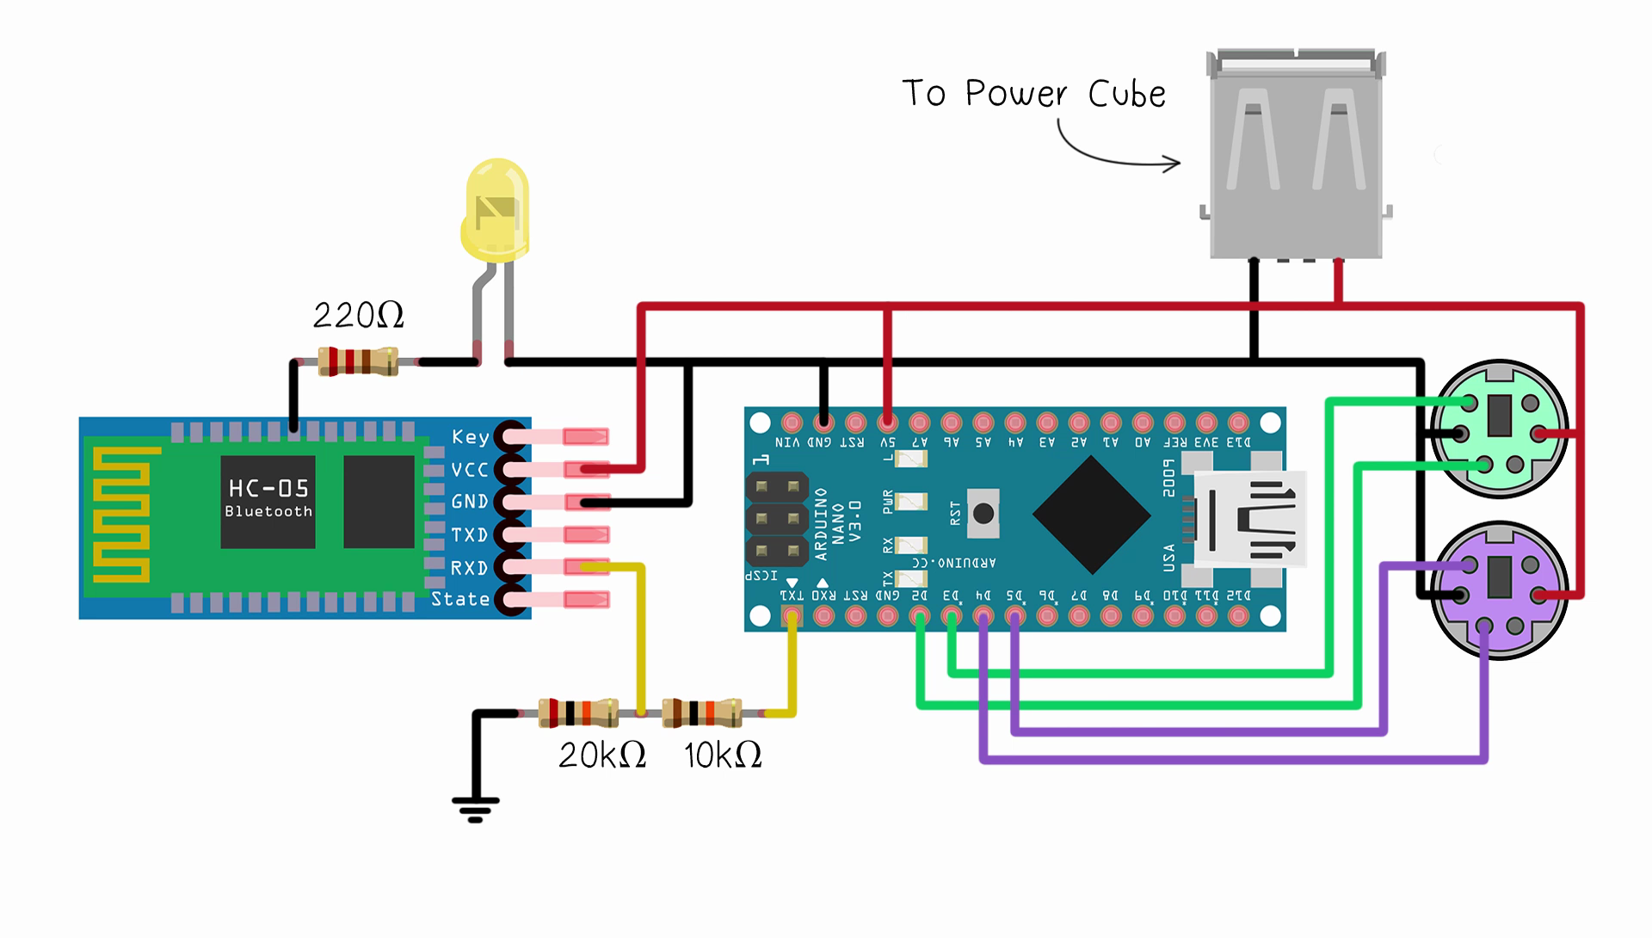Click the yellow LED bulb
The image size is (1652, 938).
(496, 211)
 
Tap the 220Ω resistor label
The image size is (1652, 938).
(358, 316)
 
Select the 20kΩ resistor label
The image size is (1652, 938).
(601, 756)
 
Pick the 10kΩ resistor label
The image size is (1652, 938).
(723, 756)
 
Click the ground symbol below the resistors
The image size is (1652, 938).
(475, 807)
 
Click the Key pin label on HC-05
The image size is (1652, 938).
(470, 437)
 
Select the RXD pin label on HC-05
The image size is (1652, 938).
(470, 568)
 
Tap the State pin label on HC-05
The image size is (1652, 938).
(460, 599)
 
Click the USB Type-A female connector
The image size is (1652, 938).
(1296, 155)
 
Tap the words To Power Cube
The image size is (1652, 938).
(1033, 93)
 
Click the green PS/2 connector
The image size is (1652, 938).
(1499, 429)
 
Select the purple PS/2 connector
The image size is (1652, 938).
(1499, 590)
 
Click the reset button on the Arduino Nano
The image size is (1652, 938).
(983, 514)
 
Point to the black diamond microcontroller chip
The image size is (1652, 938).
(1091, 515)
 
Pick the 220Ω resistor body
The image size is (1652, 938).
(358, 361)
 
